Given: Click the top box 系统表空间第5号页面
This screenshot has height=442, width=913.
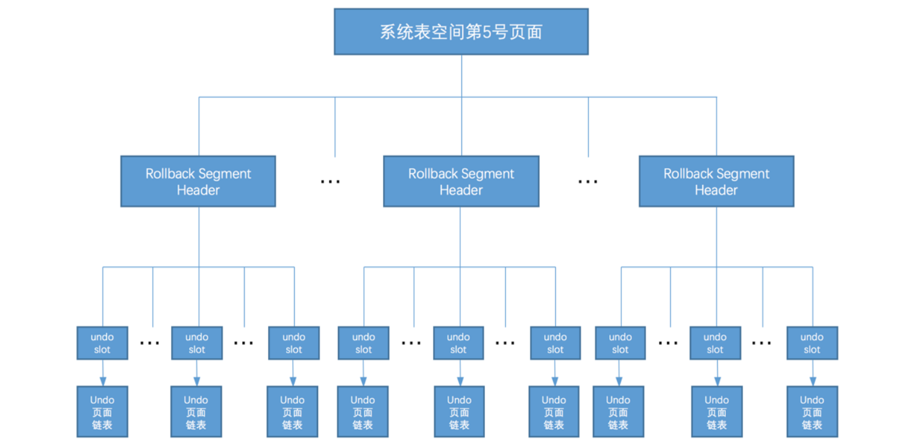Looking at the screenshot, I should point(461,32).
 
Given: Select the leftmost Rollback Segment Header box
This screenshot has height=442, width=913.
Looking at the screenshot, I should point(198,181).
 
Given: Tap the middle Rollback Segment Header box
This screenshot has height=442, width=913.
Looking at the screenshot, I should point(461,181).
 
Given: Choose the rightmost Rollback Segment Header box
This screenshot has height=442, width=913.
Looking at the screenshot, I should point(716,181).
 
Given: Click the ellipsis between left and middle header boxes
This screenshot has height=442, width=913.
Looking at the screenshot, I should point(330,182).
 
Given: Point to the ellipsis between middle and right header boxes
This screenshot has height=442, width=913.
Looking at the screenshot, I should point(587,182).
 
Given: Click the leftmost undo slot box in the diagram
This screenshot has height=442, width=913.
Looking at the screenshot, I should point(102,343).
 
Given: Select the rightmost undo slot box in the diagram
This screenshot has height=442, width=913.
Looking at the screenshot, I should point(812,343).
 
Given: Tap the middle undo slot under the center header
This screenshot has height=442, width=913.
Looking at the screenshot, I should point(458,343).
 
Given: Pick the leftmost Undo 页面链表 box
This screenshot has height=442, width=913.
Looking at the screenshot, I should point(102,412).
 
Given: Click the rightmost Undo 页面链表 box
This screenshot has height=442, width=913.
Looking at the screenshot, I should point(812,412).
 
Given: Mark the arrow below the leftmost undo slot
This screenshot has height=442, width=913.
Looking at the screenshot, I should point(103,373).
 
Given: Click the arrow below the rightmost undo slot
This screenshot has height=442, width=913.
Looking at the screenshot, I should point(812,373).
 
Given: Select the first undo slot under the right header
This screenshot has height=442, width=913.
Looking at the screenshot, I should point(620,343).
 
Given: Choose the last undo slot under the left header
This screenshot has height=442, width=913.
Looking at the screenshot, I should point(293,343).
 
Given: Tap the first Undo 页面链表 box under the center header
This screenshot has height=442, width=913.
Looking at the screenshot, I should point(363,412).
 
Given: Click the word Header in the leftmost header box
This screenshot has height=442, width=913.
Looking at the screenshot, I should point(198,190).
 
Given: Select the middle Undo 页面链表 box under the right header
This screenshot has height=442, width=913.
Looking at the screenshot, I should point(717,412).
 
